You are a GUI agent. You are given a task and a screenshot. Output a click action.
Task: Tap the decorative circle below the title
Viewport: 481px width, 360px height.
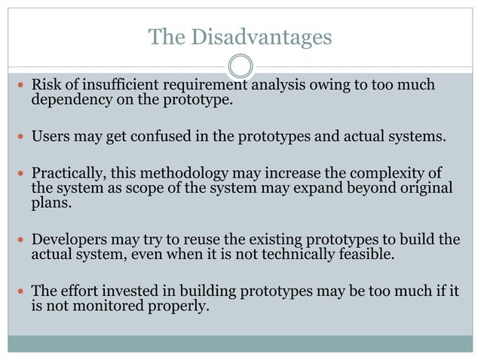(240, 66)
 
